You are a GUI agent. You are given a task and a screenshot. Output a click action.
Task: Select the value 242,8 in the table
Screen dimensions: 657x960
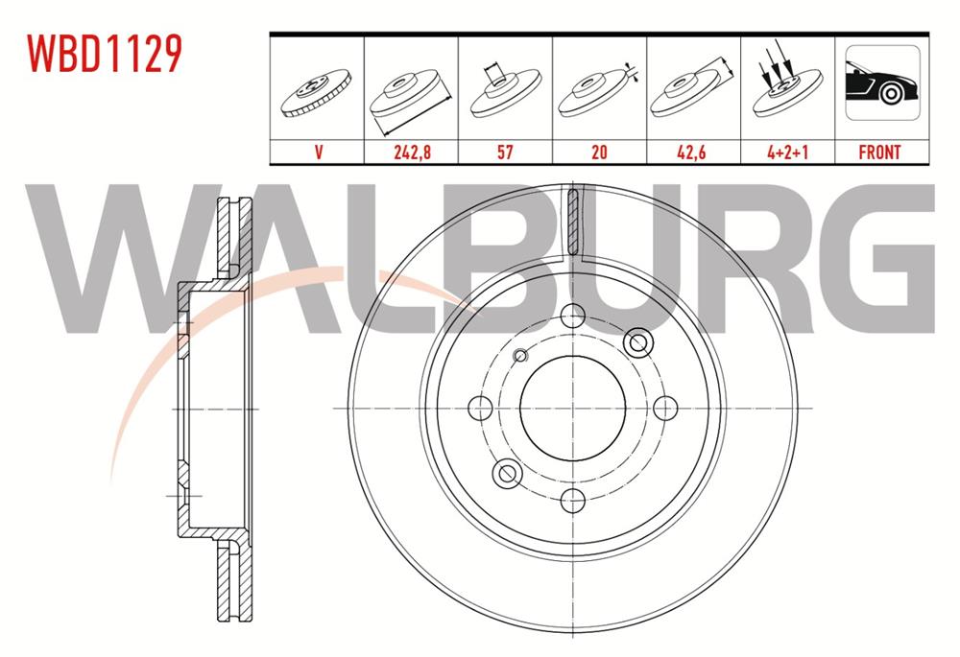coord(411,152)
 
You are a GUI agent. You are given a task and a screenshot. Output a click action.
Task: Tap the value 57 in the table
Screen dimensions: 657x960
coord(505,152)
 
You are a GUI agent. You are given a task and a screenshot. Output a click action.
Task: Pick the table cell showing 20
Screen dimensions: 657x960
coord(599,152)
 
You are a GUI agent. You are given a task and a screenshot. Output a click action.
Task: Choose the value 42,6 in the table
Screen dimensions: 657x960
coord(693,152)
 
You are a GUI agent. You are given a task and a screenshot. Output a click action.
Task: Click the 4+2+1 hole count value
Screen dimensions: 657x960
coord(787,152)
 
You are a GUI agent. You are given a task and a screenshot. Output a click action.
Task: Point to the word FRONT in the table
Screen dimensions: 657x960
coord(879,152)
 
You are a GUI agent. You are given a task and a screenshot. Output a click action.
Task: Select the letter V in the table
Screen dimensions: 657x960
coord(317,152)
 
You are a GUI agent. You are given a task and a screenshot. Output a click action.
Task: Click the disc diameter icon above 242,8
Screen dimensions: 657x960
coord(411,96)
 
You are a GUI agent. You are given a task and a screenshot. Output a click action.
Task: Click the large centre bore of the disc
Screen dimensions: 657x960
coord(572,407)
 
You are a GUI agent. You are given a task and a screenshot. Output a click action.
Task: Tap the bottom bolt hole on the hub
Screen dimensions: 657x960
coord(572,499)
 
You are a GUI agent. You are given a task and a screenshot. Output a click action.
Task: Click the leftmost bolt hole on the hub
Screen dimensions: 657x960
coord(480,408)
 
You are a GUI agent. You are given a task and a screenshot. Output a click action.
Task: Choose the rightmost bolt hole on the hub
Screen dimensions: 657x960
coord(664,408)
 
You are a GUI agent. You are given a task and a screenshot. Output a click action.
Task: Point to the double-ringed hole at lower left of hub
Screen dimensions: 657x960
coord(506,472)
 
